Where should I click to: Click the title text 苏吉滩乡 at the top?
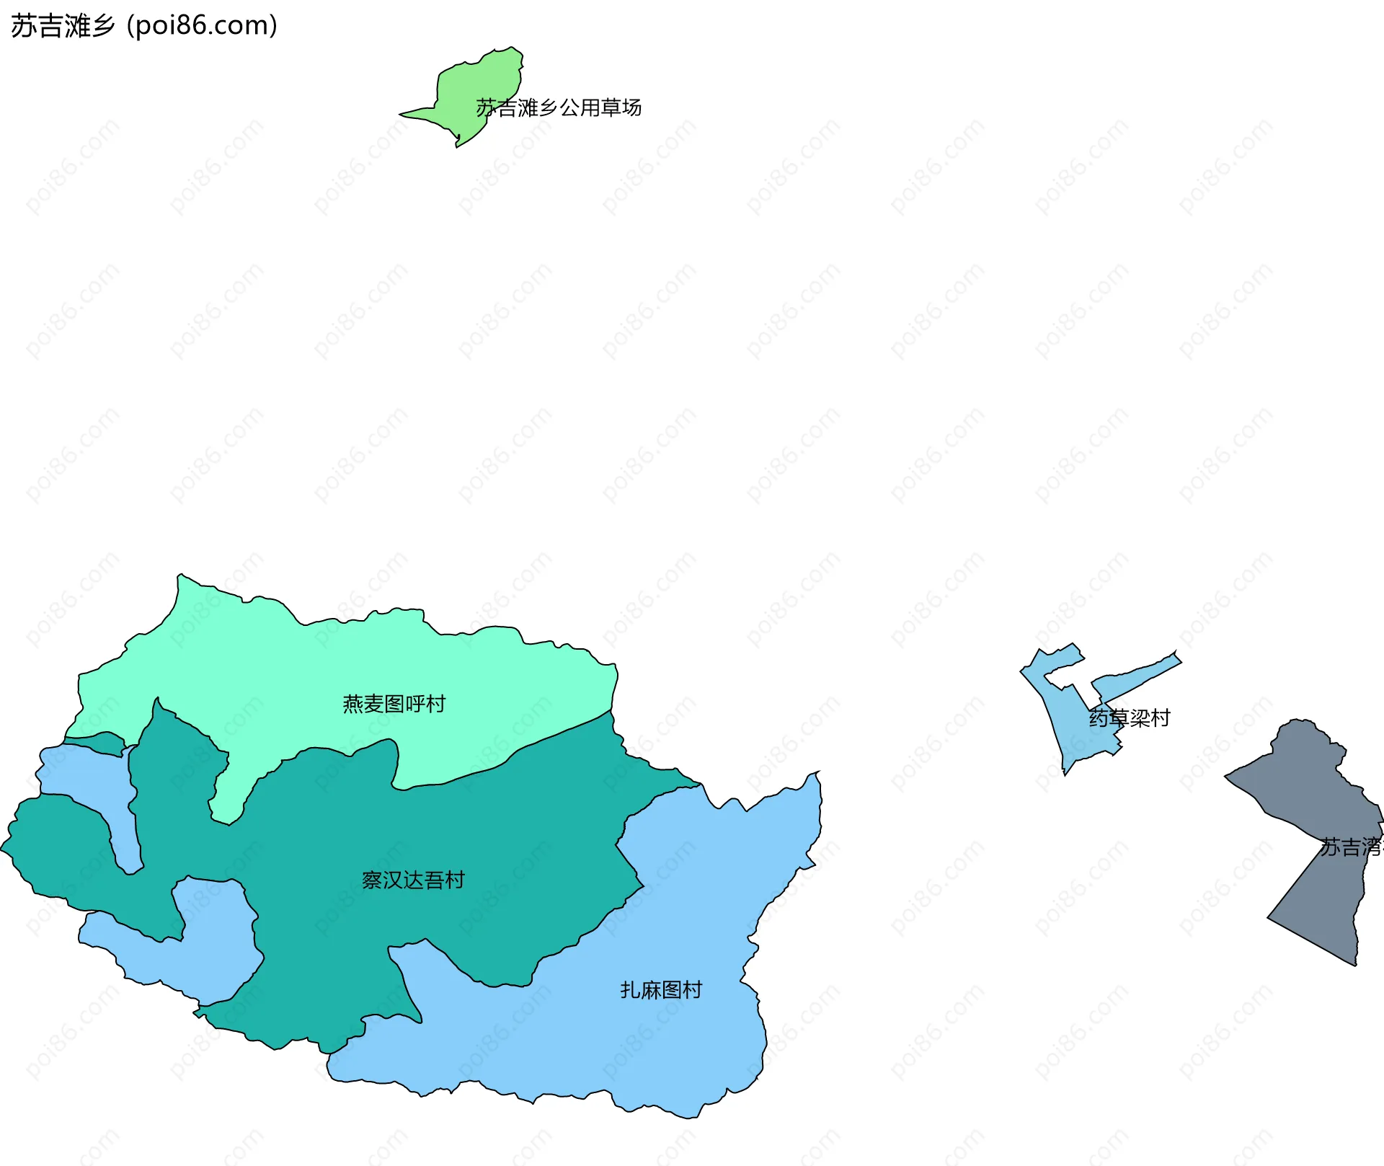click(x=63, y=26)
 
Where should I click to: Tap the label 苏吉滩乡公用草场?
click(x=559, y=108)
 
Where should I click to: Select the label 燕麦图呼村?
click(x=394, y=704)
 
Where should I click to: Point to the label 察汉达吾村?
click(x=413, y=880)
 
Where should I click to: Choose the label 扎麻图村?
click(x=661, y=990)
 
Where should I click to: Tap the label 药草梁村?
click(x=1130, y=718)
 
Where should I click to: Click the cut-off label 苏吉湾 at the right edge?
click(x=1351, y=847)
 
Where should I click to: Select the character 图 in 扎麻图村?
click(x=671, y=990)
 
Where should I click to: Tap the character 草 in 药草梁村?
click(x=1119, y=718)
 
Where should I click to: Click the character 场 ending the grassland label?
click(x=632, y=108)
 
